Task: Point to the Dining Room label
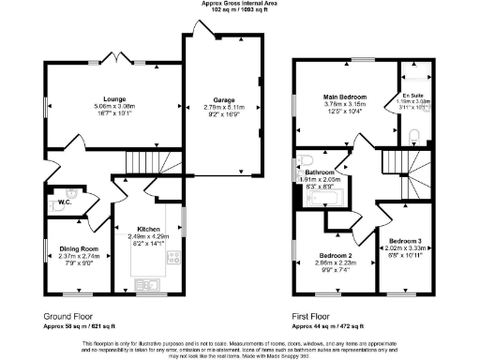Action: [72, 247]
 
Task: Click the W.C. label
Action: [65, 202]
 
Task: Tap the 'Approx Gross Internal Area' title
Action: [240, 4]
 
